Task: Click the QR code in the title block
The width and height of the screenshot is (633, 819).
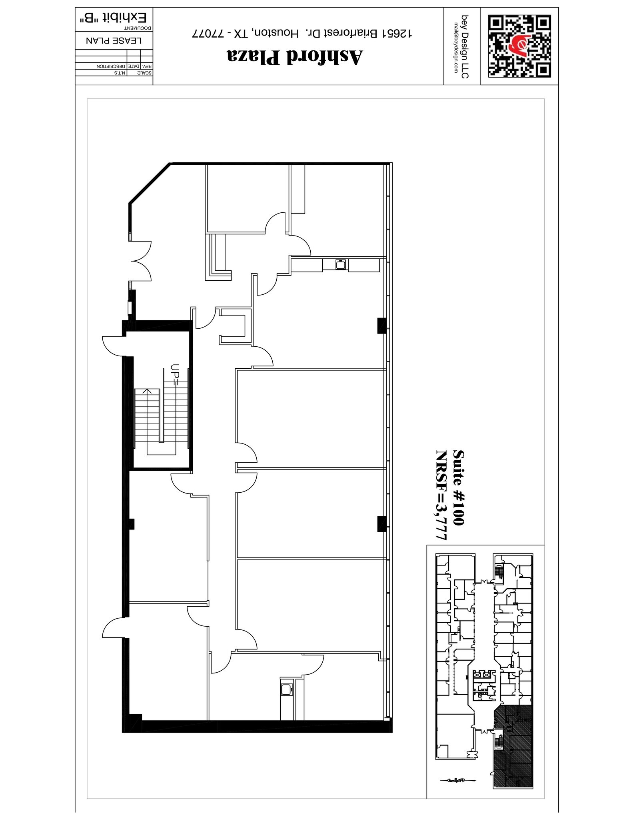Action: (x=519, y=46)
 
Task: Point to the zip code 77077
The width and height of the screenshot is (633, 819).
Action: (x=206, y=34)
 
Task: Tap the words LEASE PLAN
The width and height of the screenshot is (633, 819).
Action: (x=114, y=41)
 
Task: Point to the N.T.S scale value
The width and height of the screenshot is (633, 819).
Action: (x=120, y=73)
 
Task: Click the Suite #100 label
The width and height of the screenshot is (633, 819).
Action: (x=459, y=487)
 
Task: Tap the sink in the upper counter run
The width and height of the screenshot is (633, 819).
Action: (x=340, y=265)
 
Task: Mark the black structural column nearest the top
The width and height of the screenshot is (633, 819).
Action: (x=382, y=326)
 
